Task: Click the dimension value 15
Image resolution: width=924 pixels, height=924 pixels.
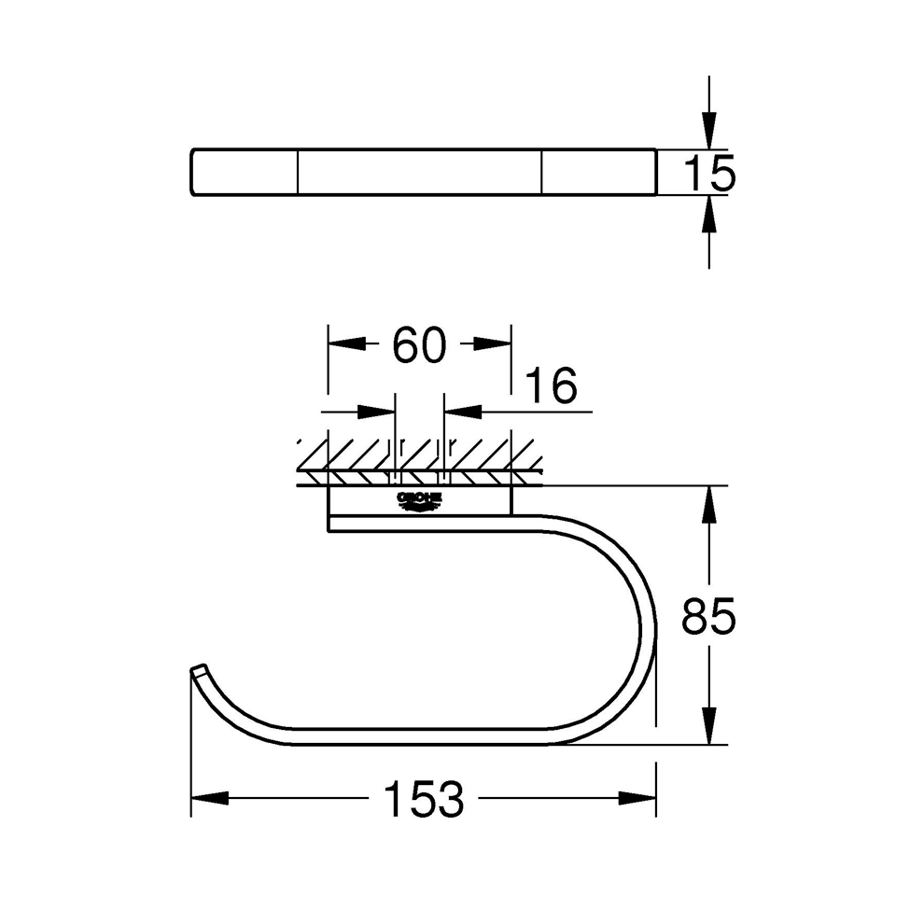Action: point(709,174)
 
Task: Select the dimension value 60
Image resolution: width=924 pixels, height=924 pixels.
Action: point(419,345)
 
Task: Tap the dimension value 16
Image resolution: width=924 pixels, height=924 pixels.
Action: point(551,385)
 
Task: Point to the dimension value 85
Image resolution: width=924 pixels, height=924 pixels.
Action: point(709,617)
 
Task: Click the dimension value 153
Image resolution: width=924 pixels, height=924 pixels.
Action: point(424,800)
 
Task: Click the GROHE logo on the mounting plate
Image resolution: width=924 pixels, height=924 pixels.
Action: point(419,500)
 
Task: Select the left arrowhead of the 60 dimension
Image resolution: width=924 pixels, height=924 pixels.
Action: point(346,343)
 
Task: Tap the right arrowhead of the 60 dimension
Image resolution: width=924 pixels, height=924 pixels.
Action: point(492,343)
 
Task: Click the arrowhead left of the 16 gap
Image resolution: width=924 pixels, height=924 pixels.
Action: point(377,411)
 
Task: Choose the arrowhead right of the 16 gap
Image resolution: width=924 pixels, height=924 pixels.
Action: point(463,411)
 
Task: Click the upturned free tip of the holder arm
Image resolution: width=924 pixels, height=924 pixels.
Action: point(198,671)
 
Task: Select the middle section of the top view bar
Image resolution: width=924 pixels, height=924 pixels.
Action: point(420,172)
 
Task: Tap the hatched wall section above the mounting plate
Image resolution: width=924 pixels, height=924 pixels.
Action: point(419,456)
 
